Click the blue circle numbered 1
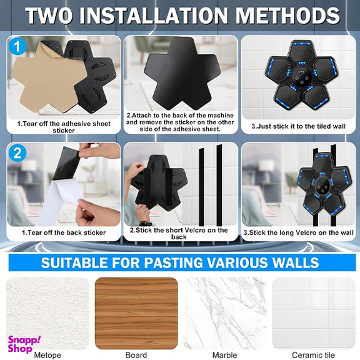(17, 47)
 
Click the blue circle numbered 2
(17, 153)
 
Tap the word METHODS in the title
(287, 16)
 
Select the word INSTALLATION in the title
(153, 16)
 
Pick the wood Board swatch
(136, 313)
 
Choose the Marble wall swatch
(225, 313)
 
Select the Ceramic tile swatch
(314, 313)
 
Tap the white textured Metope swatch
(47, 313)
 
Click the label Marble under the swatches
(225, 355)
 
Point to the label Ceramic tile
(313, 355)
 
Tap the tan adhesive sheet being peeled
(48, 76)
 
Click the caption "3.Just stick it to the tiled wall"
(299, 126)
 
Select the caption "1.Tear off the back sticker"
(64, 232)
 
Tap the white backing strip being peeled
(60, 201)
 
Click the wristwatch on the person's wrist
(144, 223)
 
